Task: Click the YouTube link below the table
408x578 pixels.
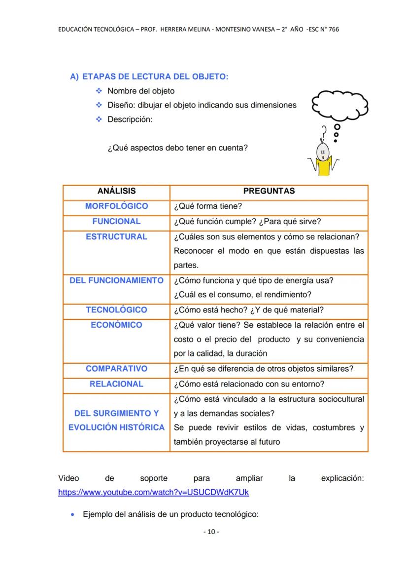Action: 153,493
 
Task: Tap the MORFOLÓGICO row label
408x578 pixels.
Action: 116,206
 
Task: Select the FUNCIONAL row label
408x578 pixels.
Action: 116,221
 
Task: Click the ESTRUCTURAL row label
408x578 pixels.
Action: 116,236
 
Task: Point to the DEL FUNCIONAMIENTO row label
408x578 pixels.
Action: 116,280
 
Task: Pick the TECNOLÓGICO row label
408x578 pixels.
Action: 116,309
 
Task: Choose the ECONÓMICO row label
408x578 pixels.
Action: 116,325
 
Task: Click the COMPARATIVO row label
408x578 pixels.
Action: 116,369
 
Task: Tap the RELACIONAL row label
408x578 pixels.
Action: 116,384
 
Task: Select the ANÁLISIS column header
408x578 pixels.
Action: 116,191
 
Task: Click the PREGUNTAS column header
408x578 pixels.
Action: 269,191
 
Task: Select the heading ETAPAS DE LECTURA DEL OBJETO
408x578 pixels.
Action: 155,77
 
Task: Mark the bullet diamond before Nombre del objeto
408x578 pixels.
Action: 98,91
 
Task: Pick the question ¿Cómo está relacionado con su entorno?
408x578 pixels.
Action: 249,384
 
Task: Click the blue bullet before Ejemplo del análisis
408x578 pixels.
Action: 73,514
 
